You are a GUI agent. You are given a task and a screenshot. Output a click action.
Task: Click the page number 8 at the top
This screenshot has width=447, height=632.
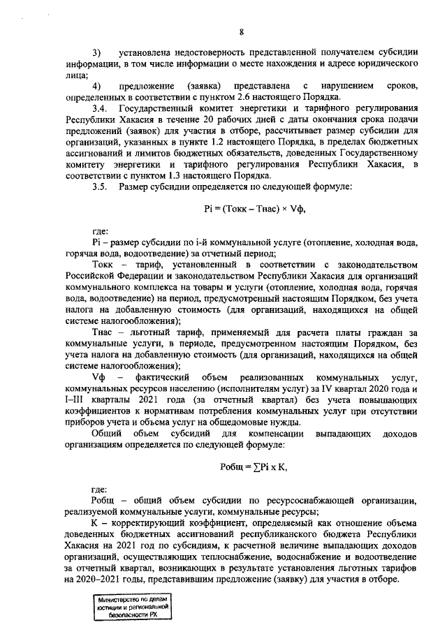pyautogui.click(x=241, y=31)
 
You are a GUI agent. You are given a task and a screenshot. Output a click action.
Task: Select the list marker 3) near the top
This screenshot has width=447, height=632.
pyautogui.click(x=97, y=52)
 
